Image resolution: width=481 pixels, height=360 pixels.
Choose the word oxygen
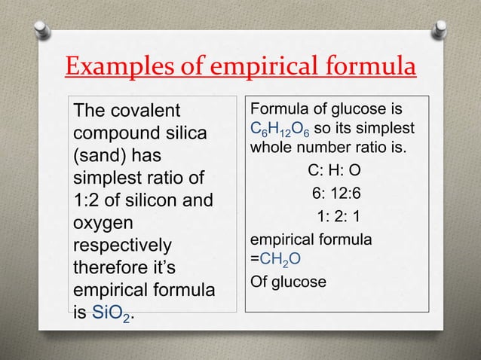point(100,224)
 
